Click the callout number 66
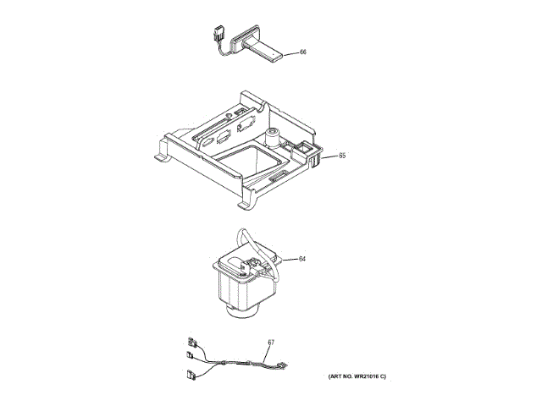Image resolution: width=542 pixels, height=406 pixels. (x=303, y=52)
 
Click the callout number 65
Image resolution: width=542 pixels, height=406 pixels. (x=342, y=156)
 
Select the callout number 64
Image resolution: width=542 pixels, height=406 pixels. (x=302, y=260)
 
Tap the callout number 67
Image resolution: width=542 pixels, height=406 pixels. (x=271, y=343)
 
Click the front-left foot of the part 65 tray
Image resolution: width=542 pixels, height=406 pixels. (x=161, y=156)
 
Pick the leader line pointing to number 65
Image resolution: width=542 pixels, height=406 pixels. (x=329, y=156)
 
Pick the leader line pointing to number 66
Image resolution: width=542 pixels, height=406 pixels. (x=290, y=53)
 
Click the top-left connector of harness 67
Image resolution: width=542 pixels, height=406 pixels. (x=193, y=342)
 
